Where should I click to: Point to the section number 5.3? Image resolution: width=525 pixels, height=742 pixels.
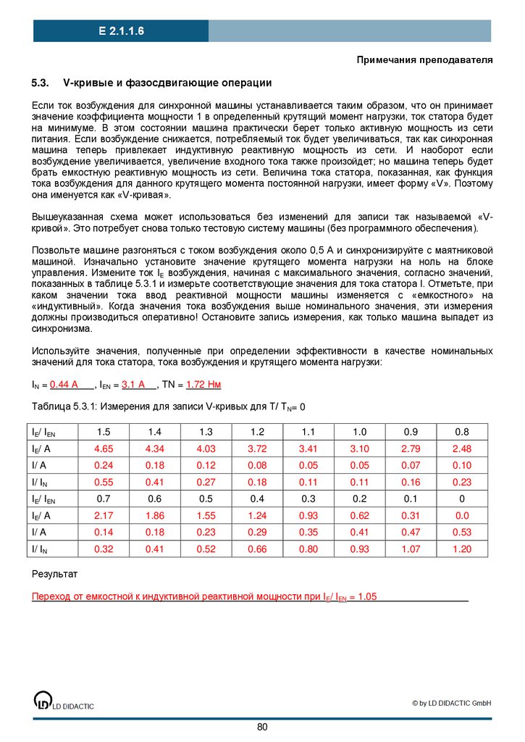pyautogui.click(x=40, y=83)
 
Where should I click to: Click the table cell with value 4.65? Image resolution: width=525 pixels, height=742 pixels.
pyautogui.click(x=104, y=449)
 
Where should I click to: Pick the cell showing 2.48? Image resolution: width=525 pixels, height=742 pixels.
pyautogui.click(x=462, y=449)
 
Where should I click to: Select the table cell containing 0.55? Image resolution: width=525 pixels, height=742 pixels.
pyautogui.click(x=104, y=482)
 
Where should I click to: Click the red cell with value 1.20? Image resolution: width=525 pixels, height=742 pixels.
pyautogui.click(x=462, y=549)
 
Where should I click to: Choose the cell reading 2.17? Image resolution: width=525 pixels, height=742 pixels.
pyautogui.click(x=104, y=515)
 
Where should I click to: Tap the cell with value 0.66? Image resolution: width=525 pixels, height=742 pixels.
pyautogui.click(x=257, y=549)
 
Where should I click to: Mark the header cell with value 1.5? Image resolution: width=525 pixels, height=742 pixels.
pyautogui.click(x=104, y=432)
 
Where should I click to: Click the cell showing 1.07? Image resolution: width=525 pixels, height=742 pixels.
pyautogui.click(x=411, y=549)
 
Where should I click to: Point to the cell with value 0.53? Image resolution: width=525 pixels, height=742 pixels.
pyautogui.click(x=462, y=532)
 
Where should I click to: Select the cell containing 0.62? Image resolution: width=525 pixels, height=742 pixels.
pyautogui.click(x=360, y=515)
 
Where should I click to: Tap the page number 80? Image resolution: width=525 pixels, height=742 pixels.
pyautogui.click(x=262, y=727)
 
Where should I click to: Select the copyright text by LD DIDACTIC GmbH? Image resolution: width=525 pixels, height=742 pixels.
pyautogui.click(x=452, y=703)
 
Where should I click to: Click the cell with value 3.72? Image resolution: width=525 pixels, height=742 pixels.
pyautogui.click(x=257, y=449)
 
